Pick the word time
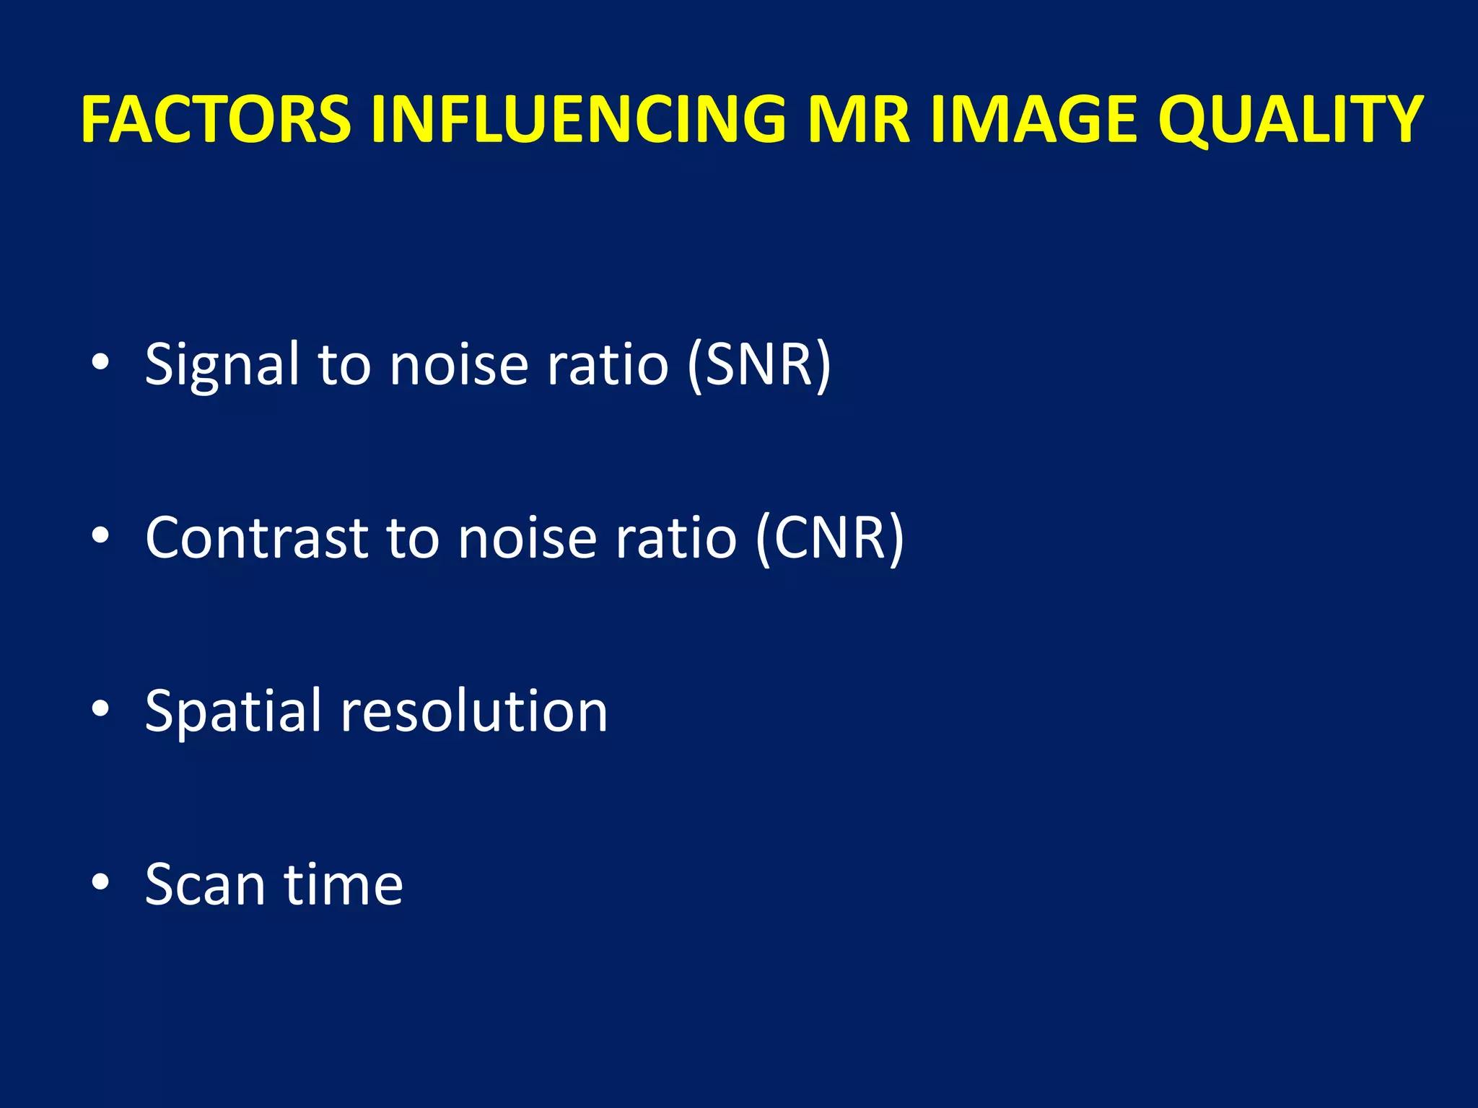[x=344, y=884]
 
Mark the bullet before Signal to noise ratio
[x=100, y=362]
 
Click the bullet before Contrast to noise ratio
[x=100, y=535]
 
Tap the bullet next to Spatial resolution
[x=100, y=708]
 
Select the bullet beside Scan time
[x=100, y=881]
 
